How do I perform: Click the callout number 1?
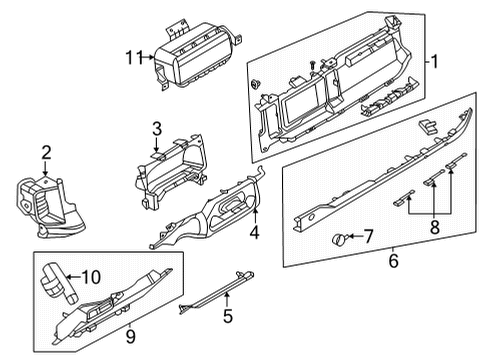tap(434, 61)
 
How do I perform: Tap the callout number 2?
tap(45, 152)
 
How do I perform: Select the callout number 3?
tap(156, 128)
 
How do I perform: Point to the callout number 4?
tap(254, 235)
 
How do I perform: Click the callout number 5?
tap(227, 319)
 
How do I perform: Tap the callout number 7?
tap(367, 236)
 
